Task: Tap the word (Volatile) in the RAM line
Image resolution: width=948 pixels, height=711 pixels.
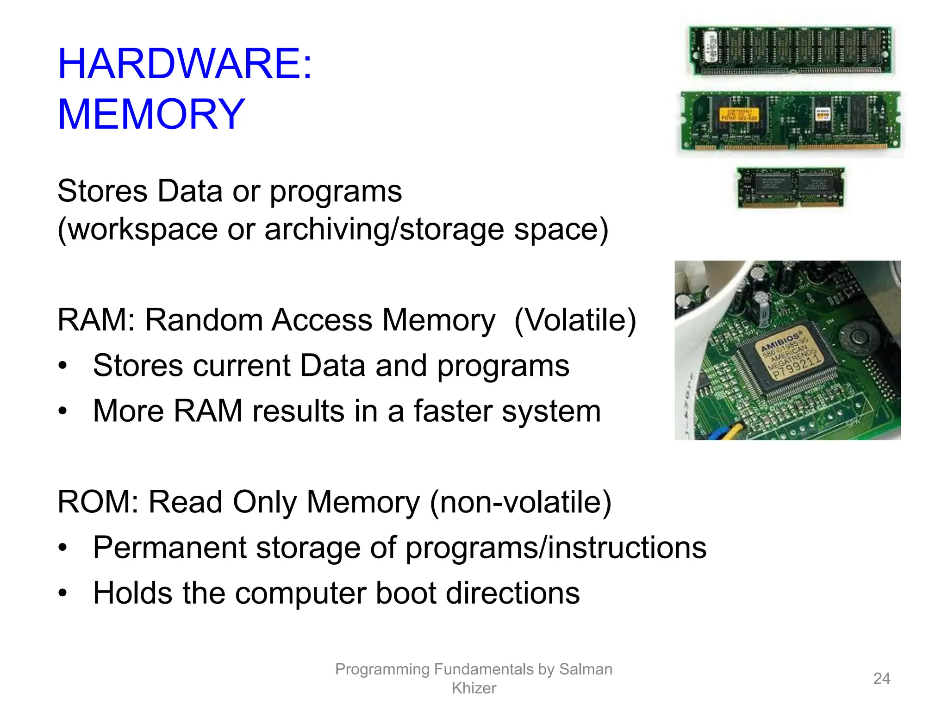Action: pyautogui.click(x=575, y=320)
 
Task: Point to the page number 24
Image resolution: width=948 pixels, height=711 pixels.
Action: pyautogui.click(x=881, y=679)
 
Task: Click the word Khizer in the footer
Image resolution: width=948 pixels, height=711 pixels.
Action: pyautogui.click(x=474, y=688)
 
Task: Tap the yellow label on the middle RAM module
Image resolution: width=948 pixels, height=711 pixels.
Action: pyautogui.click(x=739, y=115)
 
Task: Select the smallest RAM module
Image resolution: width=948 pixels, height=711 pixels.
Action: pyautogui.click(x=791, y=188)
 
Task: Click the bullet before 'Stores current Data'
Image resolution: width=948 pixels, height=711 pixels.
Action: pyautogui.click(x=63, y=366)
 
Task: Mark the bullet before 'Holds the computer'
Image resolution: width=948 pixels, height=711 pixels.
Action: pyautogui.click(x=63, y=593)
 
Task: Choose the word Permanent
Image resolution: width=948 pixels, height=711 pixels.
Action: pyautogui.click(x=169, y=548)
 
